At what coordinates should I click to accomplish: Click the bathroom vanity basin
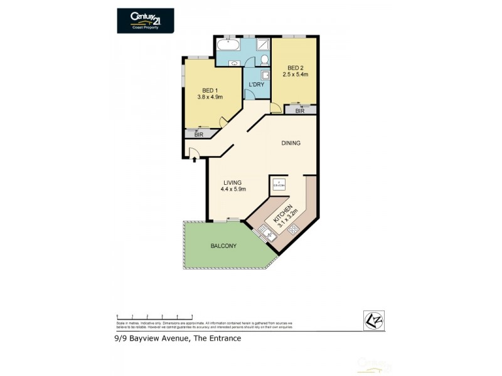tap(234, 62)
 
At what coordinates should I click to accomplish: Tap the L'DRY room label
tap(256, 85)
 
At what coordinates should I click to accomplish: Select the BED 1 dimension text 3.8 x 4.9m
tap(210, 97)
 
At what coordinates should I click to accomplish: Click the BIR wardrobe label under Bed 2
tap(300, 110)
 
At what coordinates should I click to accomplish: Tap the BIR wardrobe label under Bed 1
tap(198, 134)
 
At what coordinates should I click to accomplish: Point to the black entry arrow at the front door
tap(195, 159)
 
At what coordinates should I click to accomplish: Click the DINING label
tap(291, 143)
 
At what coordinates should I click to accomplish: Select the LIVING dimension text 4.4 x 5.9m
tap(233, 189)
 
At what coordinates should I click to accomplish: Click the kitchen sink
tap(266, 235)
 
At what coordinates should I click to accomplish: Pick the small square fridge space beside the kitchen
tap(278, 184)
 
